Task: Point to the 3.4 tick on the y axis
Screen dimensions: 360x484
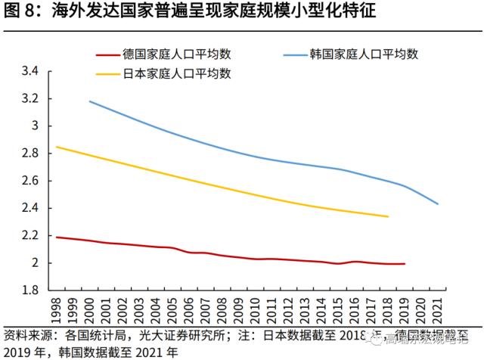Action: point(29,72)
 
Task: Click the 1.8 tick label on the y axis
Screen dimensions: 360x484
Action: point(29,290)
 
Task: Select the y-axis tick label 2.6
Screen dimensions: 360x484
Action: point(29,181)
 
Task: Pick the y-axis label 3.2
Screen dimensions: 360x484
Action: point(29,99)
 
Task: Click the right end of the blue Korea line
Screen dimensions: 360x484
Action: point(438,204)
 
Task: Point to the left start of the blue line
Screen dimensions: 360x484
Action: point(89,101)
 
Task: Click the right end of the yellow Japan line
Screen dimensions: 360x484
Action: point(388,216)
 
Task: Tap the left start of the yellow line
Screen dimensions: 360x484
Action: point(57,147)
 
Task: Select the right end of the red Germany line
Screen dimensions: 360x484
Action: point(405,264)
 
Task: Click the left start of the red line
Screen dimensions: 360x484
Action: point(57,237)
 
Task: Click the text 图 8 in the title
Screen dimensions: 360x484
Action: point(17,11)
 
